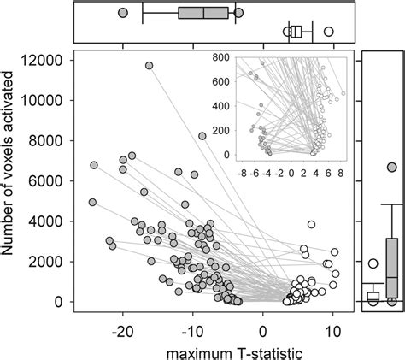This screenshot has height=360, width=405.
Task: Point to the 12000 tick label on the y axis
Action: pyautogui.click(x=45, y=60)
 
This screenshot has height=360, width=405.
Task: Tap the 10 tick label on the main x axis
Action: pyautogui.click(x=333, y=326)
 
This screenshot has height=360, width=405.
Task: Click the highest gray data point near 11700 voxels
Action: pyautogui.click(x=149, y=65)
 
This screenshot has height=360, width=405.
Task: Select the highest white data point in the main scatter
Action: pyautogui.click(x=312, y=225)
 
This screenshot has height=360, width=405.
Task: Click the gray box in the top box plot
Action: pyautogui.click(x=203, y=13)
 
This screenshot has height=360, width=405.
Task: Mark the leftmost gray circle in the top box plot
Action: pyautogui.click(x=123, y=14)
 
